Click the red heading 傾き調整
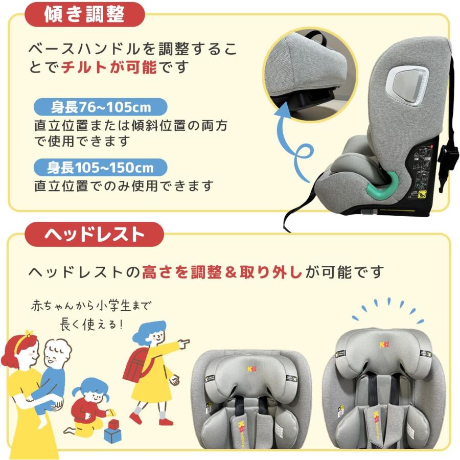[84, 15]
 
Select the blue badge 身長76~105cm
[101, 107]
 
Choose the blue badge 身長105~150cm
[101, 167]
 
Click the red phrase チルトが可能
[109, 67]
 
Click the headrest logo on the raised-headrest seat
[382, 344]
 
